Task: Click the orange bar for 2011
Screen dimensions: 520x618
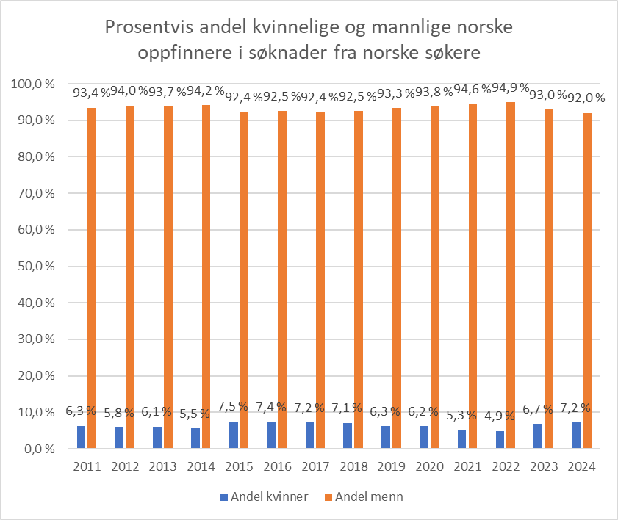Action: pyautogui.click(x=92, y=277)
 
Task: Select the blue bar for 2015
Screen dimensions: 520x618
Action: pyautogui.click(x=233, y=434)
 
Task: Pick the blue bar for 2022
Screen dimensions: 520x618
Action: pyautogui.click(x=500, y=439)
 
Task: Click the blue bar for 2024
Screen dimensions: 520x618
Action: pyautogui.click(x=576, y=435)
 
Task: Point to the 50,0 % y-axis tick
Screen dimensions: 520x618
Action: pyautogui.click(x=35, y=266)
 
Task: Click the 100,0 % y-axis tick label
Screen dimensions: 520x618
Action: pyautogui.click(x=33, y=84)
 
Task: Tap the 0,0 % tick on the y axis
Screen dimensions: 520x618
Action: pyautogui.click(x=39, y=448)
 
